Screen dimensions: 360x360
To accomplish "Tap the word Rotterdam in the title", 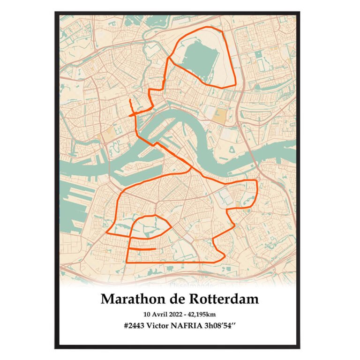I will [x=223, y=299].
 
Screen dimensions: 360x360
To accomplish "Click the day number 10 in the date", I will [x=149, y=314].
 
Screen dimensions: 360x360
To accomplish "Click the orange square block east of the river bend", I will [x=220, y=114].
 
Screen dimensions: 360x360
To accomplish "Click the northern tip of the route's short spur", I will [x=129, y=100].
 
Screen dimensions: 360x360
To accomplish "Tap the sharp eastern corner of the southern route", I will [x=256, y=180].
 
